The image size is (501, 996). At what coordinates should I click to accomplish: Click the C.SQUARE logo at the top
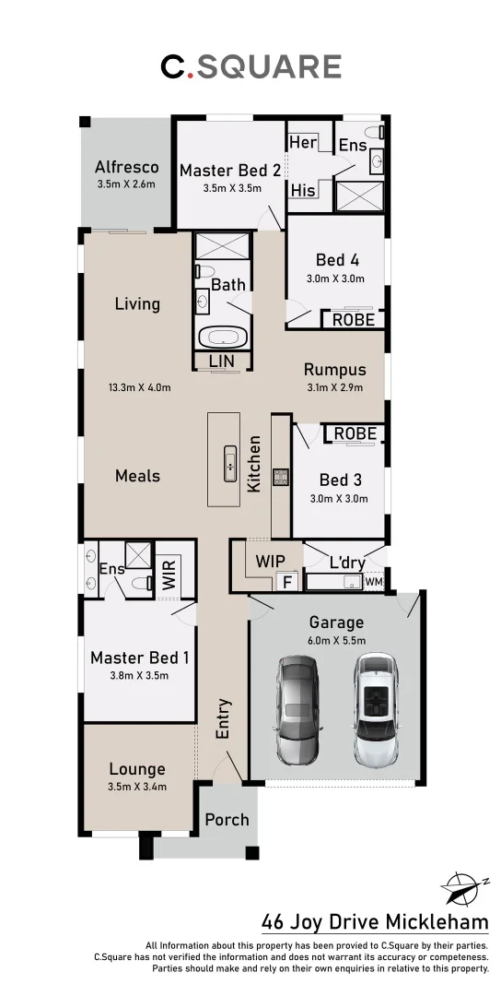(x=250, y=66)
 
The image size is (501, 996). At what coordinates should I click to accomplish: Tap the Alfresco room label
(x=127, y=167)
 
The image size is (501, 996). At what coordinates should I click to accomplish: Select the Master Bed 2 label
(x=230, y=170)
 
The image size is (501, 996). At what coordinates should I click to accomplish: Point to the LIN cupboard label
(x=222, y=362)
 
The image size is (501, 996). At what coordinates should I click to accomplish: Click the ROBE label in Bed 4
(x=353, y=320)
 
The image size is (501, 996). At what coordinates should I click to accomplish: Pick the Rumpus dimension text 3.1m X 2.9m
(x=334, y=387)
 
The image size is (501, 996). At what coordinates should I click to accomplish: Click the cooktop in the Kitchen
(x=281, y=477)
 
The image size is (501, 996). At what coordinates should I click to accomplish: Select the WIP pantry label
(x=269, y=562)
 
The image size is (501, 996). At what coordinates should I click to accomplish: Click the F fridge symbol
(x=286, y=582)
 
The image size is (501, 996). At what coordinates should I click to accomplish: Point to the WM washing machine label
(x=373, y=582)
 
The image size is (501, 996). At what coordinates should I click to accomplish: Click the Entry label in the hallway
(x=223, y=717)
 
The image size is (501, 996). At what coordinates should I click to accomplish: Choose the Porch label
(x=227, y=820)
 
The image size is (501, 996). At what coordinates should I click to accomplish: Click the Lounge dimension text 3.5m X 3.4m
(x=136, y=787)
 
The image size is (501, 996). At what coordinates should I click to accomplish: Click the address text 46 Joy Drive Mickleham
(x=375, y=922)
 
